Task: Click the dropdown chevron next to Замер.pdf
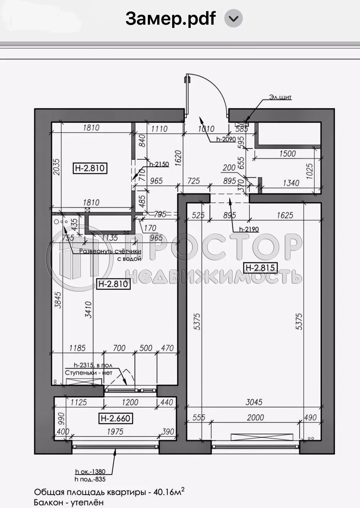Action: [233, 19]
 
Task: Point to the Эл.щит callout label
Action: [280, 97]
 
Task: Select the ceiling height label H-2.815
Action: [260, 267]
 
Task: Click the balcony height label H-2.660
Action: [115, 418]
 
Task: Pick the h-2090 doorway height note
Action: [226, 139]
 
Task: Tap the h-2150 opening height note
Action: [159, 164]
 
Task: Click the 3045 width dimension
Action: [254, 402]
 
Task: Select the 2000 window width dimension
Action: [255, 417]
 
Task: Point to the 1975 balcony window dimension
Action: [115, 431]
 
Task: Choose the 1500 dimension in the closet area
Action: [287, 153]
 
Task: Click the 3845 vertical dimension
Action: [58, 300]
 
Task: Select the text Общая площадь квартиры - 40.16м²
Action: [109, 492]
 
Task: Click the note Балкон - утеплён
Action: [69, 502]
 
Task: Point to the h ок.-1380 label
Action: [90, 472]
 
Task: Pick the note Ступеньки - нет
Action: [89, 373]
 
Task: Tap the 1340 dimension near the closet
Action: [291, 183]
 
